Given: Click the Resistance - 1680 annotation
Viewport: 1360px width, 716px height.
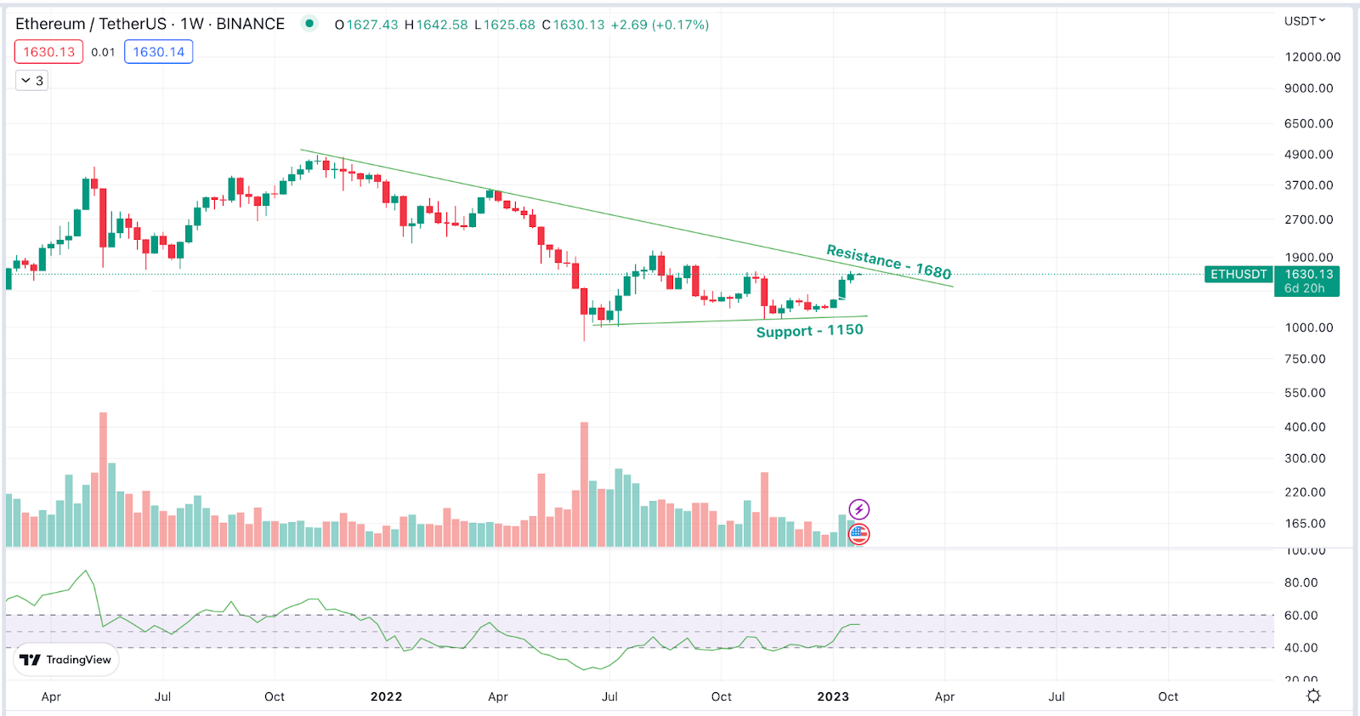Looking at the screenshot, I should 888,262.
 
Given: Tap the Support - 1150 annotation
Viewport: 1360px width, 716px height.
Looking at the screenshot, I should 809,331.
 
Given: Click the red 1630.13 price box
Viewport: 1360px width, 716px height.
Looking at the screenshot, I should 48,52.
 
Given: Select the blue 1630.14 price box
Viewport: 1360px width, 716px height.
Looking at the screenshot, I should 158,52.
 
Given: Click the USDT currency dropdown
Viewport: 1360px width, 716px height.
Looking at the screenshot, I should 1304,21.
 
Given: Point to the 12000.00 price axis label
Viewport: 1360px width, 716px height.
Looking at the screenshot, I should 1312,57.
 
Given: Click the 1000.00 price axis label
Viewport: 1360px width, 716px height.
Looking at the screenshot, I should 1308,327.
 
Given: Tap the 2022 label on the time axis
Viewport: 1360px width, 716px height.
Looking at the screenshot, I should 386,696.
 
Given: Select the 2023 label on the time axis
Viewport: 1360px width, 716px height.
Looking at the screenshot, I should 833,696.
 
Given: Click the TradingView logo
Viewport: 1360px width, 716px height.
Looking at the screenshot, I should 65,660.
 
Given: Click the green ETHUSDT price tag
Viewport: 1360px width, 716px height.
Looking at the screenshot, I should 1238,275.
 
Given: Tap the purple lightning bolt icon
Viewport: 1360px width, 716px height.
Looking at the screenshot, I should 859,509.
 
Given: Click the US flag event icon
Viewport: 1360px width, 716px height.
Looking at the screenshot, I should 859,534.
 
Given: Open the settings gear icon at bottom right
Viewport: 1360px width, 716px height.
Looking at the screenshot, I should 1313,696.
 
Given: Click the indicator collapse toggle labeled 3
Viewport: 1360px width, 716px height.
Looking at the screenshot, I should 32,81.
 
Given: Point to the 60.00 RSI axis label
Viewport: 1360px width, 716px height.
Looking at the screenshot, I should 1300,616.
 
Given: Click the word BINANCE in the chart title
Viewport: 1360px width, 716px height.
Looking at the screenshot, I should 250,24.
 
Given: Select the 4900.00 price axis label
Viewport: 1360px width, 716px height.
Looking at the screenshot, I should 1308,155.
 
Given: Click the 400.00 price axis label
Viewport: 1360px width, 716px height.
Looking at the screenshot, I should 1305,427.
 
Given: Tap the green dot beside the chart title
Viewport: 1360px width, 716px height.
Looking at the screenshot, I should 309,24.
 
